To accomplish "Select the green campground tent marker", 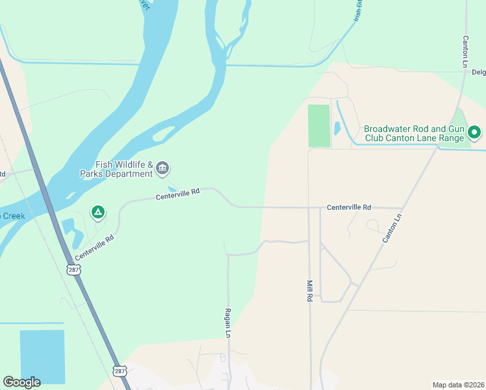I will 97,212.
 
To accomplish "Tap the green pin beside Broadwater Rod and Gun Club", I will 474,133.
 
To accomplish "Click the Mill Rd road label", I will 310,290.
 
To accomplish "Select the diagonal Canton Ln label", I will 392,229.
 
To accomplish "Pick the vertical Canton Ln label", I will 465,52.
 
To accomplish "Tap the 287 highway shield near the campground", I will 75,268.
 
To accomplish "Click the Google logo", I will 21,382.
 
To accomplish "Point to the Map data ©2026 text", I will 458,385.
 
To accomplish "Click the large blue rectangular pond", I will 42,357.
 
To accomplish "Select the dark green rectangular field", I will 318,126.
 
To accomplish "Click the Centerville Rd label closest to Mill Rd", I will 348,207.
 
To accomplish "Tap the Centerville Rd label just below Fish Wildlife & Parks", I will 177,194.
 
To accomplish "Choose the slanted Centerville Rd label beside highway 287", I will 94,248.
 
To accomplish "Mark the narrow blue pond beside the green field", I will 337,128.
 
